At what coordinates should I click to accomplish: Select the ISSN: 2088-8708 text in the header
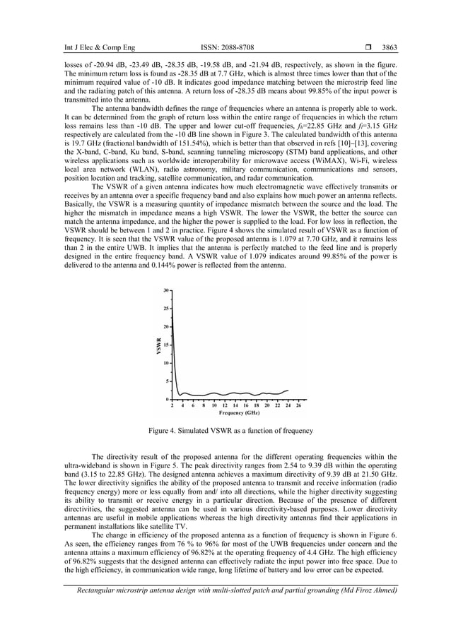[x=227, y=48]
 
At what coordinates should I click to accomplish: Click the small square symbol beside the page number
[x=368, y=48]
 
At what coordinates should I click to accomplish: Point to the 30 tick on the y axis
[x=165, y=290]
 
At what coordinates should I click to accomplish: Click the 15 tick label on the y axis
[x=165, y=345]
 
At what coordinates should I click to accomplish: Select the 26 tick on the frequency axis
[x=298, y=406]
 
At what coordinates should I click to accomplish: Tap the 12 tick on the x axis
[x=225, y=406]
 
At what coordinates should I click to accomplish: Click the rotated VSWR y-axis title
[x=158, y=345]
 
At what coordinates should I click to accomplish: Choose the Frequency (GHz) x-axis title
[x=238, y=412]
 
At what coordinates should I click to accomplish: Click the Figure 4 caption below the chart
[x=230, y=431]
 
